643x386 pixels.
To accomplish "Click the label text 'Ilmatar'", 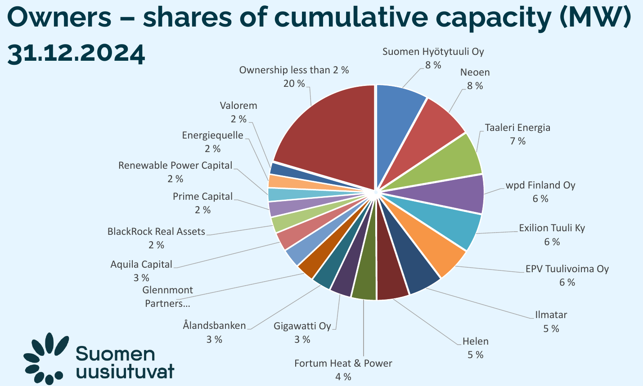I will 551,314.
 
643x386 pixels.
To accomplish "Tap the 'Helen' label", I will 475,341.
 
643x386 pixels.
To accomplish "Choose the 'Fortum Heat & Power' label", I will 343,363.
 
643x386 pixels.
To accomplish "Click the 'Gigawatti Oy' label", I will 302,326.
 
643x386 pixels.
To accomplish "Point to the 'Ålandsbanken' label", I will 215,325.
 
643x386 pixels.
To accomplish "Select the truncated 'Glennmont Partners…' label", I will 167,296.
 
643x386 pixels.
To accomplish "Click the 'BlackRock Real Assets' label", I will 156,232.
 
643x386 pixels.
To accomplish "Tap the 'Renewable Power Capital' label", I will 175,165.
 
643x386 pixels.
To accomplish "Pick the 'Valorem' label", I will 238,106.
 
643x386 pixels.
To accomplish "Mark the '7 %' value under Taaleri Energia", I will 517,141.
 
